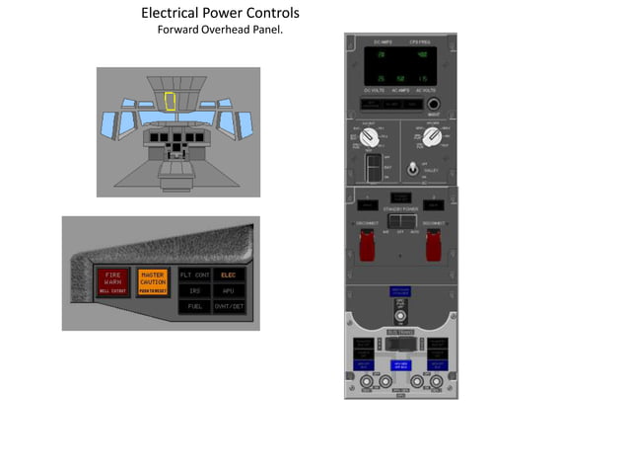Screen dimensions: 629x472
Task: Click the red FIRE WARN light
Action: (x=112, y=281)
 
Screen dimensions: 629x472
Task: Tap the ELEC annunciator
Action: (x=229, y=275)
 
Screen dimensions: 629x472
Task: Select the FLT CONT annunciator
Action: (x=195, y=275)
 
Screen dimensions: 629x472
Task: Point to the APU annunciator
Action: (x=229, y=290)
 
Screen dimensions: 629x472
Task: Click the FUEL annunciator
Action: (x=195, y=306)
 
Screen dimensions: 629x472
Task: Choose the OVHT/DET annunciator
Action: (x=229, y=306)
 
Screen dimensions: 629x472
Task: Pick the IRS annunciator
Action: (x=195, y=290)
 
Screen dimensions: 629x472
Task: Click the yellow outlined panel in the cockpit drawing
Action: (x=170, y=100)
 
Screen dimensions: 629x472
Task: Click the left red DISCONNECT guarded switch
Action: (x=367, y=246)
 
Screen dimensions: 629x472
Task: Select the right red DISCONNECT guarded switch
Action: (x=432, y=246)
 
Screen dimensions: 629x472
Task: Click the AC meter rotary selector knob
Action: (x=430, y=139)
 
